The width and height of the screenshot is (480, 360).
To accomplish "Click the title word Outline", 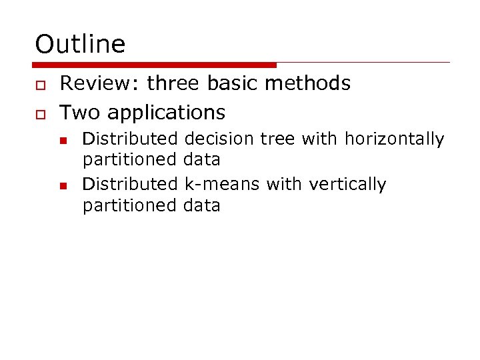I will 80,45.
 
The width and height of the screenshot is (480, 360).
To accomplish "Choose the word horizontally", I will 394,139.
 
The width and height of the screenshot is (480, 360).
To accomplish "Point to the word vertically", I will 347,184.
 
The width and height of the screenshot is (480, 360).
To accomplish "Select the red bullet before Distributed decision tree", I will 63,140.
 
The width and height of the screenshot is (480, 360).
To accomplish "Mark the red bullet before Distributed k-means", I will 63,185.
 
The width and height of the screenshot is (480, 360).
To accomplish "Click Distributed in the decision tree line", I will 130,139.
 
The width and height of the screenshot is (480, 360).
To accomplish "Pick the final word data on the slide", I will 201,205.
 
